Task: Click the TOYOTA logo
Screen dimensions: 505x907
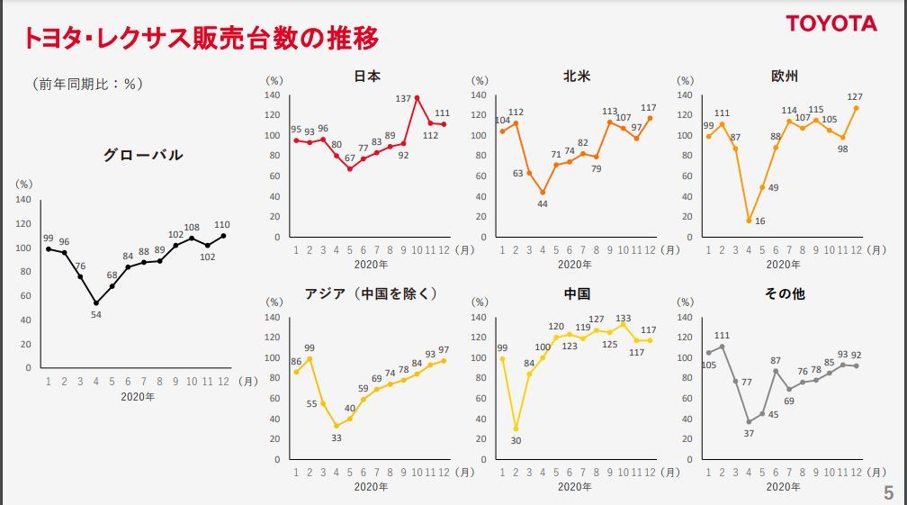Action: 831,23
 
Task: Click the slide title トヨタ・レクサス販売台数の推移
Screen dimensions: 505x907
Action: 200,38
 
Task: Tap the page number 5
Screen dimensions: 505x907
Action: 888,492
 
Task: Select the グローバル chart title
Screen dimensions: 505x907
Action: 143,155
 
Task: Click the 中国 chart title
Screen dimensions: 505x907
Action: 577,294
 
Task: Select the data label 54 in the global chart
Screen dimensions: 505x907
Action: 95,314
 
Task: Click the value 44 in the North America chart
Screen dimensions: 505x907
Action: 543,204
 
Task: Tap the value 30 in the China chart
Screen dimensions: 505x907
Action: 517,441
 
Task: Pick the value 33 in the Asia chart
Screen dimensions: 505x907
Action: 336,438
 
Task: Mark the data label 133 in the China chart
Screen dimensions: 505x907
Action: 624,318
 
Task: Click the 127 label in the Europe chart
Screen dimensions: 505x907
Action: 855,97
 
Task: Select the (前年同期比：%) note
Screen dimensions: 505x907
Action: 87,84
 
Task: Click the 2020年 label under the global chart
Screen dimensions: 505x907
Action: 138,396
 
